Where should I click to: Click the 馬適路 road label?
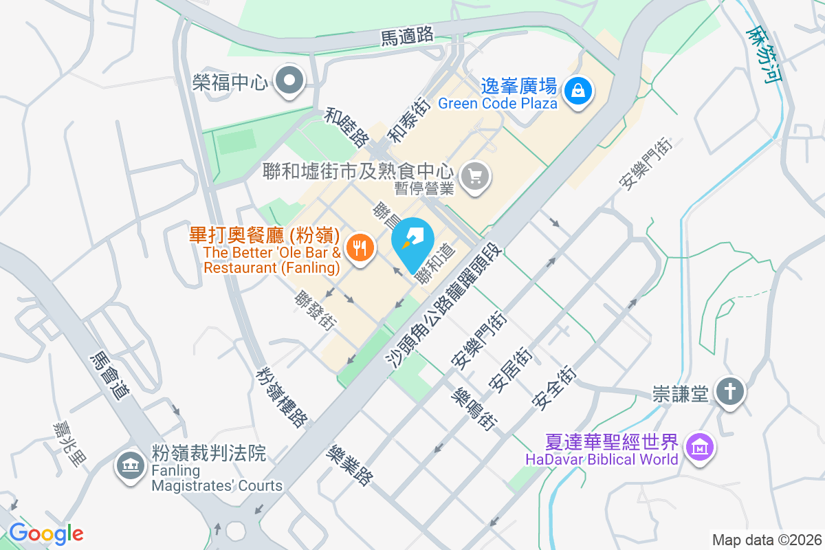tap(408, 36)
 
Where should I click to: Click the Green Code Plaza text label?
tap(497, 104)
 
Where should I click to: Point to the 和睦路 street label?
tap(346, 127)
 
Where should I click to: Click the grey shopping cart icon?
tap(475, 176)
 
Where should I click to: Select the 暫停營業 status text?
tap(423, 188)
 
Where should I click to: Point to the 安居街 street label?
tap(509, 368)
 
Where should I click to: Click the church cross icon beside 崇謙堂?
tap(730, 393)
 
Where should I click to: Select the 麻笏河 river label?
tap(765, 54)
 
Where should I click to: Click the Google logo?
tap(46, 533)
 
